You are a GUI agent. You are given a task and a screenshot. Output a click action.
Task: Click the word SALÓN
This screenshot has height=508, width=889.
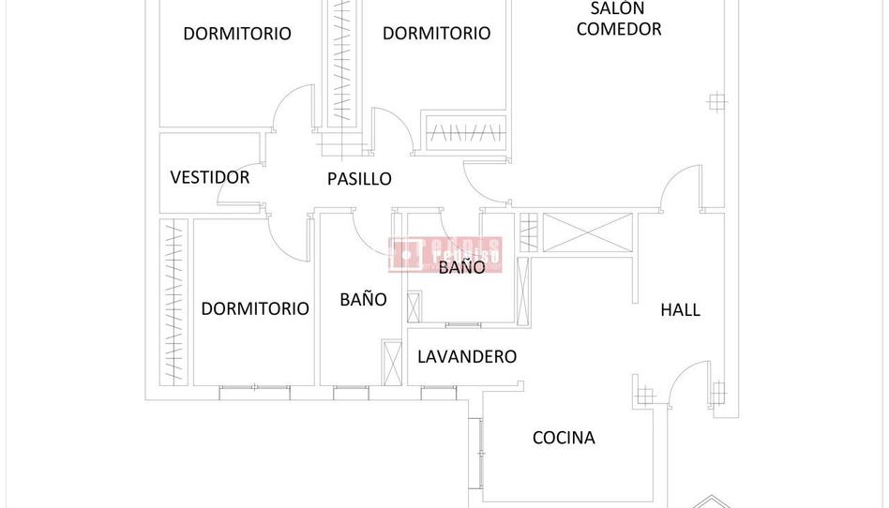(617, 9)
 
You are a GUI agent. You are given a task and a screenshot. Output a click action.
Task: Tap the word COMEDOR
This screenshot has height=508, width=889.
(619, 29)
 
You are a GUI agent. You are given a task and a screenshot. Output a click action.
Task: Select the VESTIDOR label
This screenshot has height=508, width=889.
(210, 177)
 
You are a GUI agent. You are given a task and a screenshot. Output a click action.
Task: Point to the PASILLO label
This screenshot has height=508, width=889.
(359, 179)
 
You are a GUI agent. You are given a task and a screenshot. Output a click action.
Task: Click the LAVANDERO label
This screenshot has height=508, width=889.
(467, 357)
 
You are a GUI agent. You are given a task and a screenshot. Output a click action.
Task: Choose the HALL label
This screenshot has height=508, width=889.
(680, 310)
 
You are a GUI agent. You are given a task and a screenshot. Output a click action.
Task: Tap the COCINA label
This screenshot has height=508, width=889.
(564, 438)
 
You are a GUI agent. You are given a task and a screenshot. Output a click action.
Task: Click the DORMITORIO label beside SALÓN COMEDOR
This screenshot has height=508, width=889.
(436, 34)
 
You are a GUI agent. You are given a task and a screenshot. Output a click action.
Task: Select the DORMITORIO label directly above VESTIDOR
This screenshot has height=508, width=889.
(237, 34)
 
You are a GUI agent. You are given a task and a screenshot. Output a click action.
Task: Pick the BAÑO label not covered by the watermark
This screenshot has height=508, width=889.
(363, 300)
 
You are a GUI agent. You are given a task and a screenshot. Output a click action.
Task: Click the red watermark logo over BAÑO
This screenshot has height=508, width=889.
(445, 253)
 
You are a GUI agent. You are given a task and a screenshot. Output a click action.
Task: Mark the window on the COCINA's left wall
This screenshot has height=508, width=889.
(481, 452)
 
